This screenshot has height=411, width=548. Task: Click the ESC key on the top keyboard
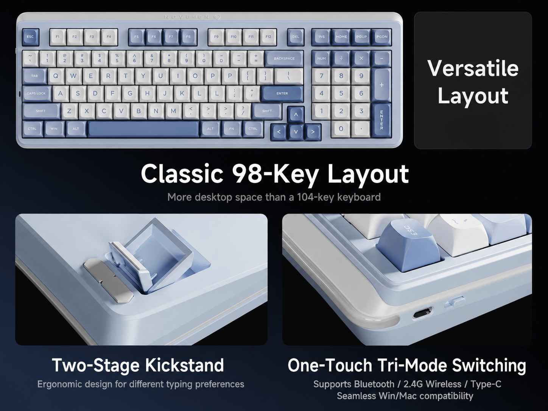[30, 37]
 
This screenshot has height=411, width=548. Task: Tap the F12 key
[268, 37]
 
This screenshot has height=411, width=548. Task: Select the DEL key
[296, 37]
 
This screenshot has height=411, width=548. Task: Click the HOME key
[341, 37]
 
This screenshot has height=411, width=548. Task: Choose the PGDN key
[382, 37]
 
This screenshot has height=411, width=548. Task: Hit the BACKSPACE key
[284, 58]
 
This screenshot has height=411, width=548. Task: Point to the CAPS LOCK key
[36, 93]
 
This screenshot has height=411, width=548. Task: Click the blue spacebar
[144, 129]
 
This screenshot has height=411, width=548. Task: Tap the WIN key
[54, 129]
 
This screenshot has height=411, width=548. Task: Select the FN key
[232, 129]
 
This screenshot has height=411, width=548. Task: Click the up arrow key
[296, 115]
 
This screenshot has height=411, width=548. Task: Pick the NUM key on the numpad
[322, 59]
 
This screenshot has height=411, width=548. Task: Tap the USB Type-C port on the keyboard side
[422, 313]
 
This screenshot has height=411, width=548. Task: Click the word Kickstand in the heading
[185, 365]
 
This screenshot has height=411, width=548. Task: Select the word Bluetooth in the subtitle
[374, 384]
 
